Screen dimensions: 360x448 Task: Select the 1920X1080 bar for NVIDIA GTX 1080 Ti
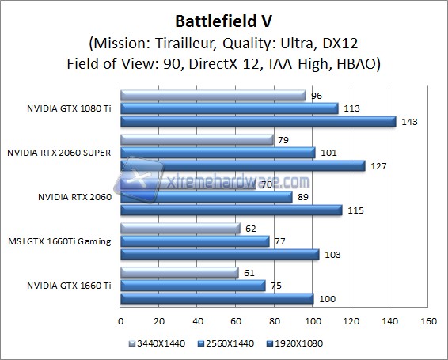[258, 121]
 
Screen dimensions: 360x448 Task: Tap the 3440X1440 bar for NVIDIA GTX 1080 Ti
[213, 96]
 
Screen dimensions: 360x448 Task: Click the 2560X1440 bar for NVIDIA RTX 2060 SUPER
[218, 153]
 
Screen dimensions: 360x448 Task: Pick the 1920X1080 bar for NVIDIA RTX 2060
[231, 210]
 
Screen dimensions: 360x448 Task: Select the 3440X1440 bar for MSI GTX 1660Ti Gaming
[180, 229]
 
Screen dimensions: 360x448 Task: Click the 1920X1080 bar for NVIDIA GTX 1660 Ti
[217, 298]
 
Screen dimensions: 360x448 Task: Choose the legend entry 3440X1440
[154, 344]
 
